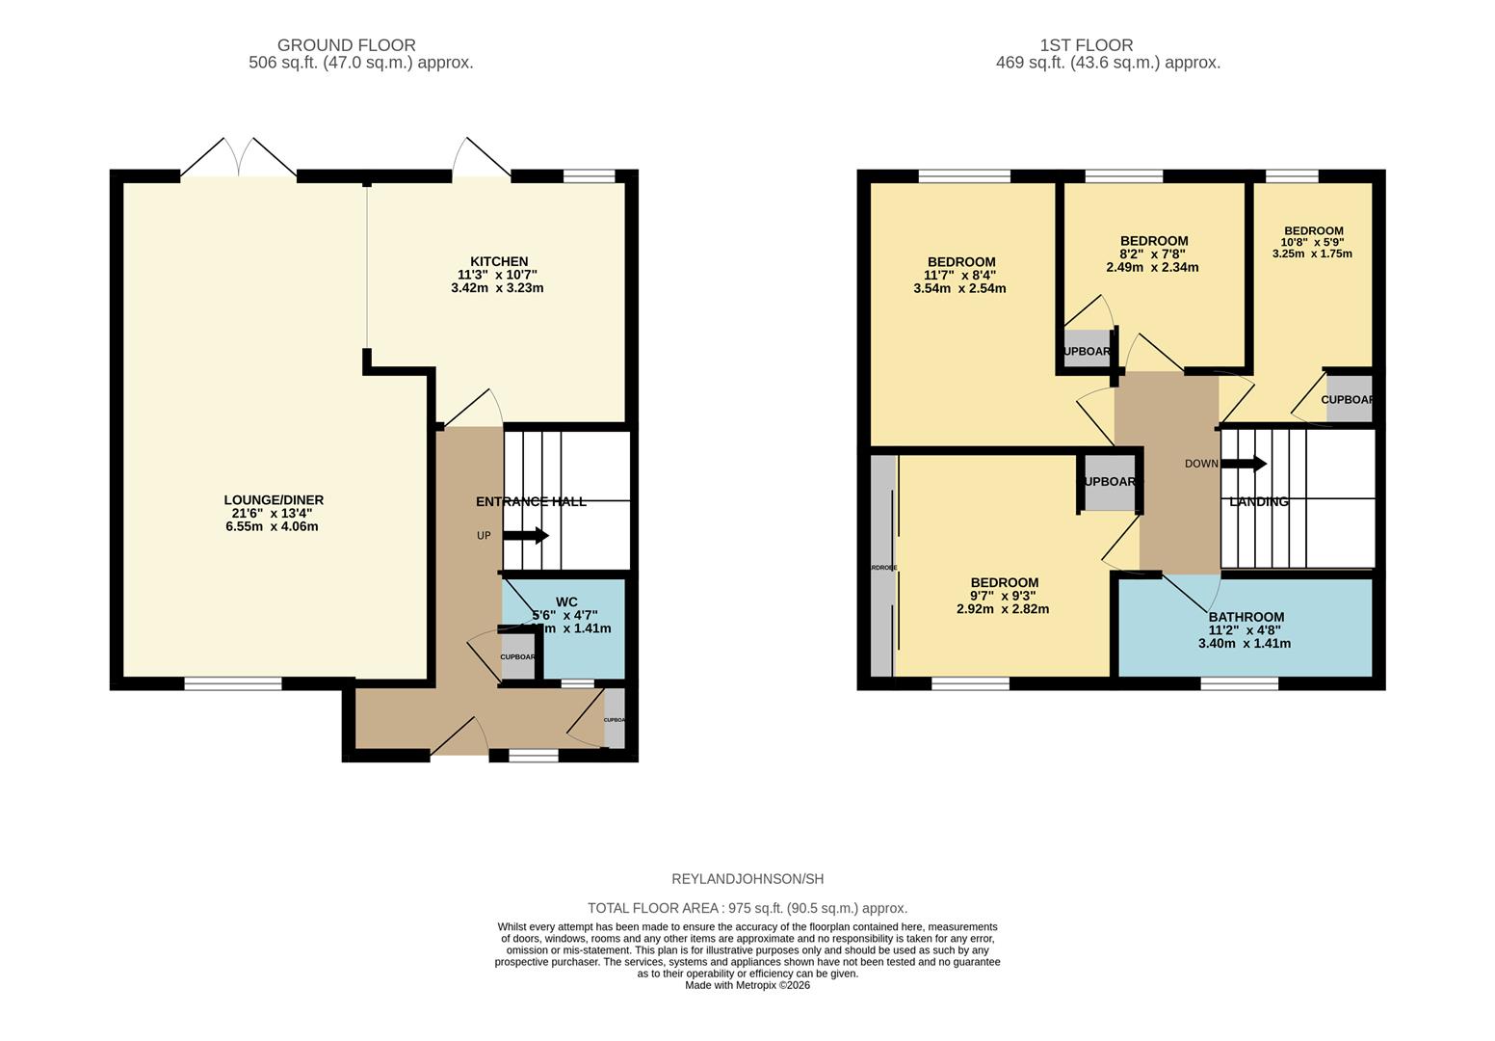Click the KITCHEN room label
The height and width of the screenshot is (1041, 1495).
498,261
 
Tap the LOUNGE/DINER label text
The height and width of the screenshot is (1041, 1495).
274,500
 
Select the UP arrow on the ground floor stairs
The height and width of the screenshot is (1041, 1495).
525,536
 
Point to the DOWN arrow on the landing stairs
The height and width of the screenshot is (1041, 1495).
1244,464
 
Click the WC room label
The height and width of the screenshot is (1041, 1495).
566,602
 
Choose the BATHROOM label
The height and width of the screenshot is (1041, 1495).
1246,617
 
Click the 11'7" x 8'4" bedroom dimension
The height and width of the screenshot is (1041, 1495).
959,275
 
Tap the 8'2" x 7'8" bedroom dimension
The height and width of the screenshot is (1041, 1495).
1152,254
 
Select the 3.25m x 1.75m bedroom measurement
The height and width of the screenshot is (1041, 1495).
1312,254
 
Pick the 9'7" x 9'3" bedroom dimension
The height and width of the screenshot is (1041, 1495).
1003,596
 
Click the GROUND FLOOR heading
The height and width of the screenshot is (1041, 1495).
346,45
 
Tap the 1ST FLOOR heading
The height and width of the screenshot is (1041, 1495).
1086,45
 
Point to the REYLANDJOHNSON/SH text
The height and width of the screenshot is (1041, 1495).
747,879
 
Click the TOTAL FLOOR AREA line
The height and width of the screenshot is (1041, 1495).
747,908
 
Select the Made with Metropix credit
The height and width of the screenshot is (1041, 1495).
747,985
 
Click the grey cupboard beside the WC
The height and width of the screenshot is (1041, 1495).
517,657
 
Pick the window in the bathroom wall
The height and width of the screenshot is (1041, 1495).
1239,683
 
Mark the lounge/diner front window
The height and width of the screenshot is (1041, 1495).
233,683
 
